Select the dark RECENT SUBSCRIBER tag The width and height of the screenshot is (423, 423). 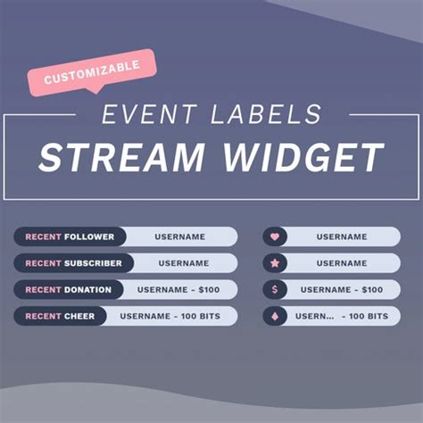tap(73, 263)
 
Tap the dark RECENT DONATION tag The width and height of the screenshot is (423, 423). tap(70, 289)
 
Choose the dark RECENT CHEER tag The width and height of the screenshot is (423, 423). tap(60, 316)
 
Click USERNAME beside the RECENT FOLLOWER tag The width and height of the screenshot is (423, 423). tap(179, 236)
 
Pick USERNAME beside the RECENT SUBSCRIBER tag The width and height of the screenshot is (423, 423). tap(184, 263)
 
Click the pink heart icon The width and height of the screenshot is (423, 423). tap(274, 236)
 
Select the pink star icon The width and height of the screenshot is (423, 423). tap(274, 263)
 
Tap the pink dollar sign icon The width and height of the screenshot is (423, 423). tap(274, 289)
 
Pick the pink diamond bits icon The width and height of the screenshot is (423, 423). tap(274, 316)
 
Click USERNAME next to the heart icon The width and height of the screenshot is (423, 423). tap(341, 236)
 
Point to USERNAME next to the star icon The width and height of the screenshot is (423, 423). tap(341, 263)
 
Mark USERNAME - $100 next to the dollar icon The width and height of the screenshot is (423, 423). tap(341, 289)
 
